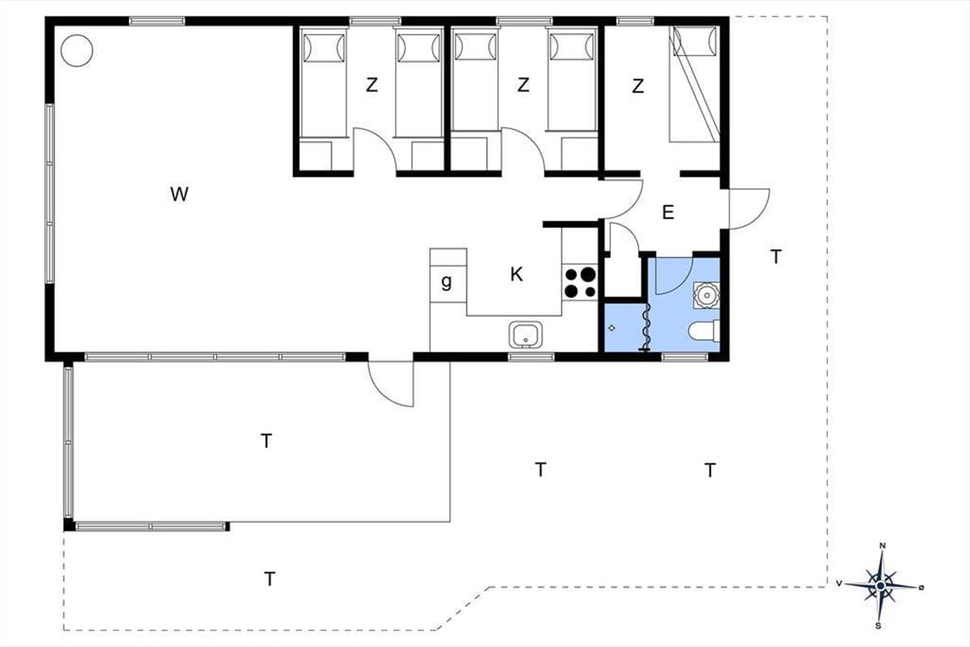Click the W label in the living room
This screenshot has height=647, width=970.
(179, 194)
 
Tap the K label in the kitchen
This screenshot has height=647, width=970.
(517, 274)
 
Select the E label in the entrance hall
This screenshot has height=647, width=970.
(668, 213)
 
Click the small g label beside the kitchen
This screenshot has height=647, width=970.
(446, 282)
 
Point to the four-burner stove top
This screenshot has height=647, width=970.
(580, 282)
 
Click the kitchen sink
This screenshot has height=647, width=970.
(525, 335)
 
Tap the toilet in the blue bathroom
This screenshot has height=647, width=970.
(704, 331)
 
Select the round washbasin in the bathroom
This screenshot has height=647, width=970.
(706, 295)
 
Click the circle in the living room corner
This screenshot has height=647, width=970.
(77, 51)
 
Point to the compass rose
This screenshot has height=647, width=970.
(880, 586)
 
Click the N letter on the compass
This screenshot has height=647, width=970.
(882, 546)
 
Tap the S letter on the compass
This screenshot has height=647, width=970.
(878, 626)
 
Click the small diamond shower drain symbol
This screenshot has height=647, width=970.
(611, 328)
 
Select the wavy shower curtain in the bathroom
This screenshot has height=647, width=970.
(645, 328)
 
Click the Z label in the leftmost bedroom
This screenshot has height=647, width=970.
(372, 85)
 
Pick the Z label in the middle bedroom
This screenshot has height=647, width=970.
(523, 85)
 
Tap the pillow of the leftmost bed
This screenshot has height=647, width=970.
(324, 48)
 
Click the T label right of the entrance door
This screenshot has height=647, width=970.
(776, 257)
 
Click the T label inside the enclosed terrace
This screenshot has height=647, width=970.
(266, 441)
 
